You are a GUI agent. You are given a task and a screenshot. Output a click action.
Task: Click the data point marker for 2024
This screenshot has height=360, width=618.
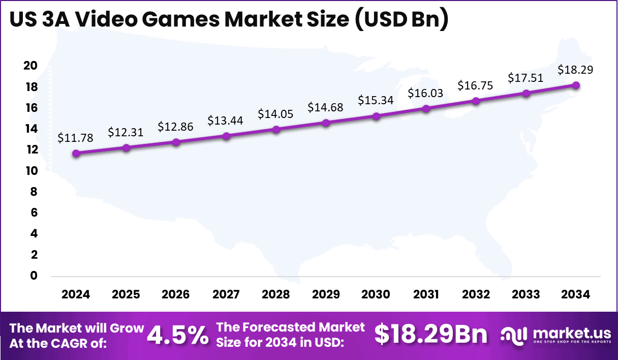76,154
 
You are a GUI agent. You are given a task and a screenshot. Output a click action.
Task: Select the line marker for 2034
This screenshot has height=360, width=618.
576,85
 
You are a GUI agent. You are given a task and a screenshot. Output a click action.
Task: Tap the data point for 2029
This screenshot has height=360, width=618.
326,123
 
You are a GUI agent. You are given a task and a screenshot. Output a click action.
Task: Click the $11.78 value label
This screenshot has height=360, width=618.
76,138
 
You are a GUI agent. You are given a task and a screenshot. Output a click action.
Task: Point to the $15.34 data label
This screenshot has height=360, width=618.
376,100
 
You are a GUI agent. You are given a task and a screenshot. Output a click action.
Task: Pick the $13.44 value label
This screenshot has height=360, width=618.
226,121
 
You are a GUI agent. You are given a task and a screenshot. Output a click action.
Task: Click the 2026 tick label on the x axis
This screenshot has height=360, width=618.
176,295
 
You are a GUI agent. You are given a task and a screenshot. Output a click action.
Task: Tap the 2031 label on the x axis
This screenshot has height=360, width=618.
426,295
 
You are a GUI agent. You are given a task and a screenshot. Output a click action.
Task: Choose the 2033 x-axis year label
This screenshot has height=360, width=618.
526,295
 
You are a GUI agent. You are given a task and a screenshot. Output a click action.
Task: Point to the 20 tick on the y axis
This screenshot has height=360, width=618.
31,66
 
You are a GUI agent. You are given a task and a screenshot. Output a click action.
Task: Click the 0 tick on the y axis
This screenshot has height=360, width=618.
34,276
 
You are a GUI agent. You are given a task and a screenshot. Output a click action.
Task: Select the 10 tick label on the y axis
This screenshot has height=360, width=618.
31,171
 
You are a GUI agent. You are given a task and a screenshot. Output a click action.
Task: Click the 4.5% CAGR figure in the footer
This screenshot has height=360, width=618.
177,335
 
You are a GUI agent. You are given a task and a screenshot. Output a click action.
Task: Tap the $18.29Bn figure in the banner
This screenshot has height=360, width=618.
430,335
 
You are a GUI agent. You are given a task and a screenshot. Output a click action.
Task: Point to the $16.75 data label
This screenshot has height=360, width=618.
476,85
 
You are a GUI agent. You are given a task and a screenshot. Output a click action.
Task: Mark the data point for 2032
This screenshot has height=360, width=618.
476,101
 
